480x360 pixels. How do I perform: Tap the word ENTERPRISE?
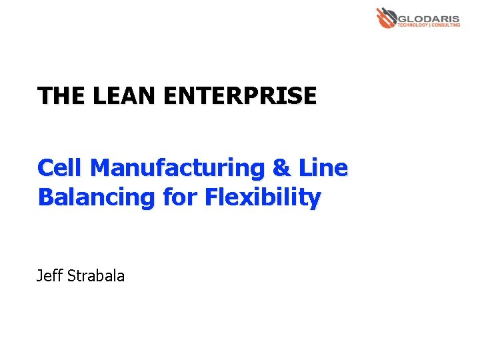239,96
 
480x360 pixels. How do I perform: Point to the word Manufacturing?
177,168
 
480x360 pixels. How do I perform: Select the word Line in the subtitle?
323,167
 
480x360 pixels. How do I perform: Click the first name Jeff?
49,275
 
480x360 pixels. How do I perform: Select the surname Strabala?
96,275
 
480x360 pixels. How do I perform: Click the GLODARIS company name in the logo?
429,17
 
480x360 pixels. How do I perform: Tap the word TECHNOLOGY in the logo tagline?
414,25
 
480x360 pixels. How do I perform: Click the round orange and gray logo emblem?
385,17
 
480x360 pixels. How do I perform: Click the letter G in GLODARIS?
403,17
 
